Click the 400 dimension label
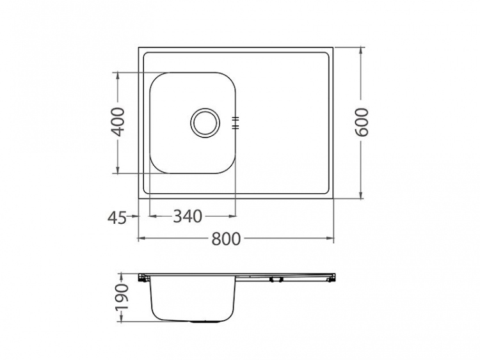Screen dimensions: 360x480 [x=118, y=121]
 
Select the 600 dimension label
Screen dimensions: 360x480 [x=362, y=121]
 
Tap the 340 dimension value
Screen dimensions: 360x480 [x=188, y=217]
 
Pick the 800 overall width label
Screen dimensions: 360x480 [x=226, y=239]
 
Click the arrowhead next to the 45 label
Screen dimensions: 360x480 [x=135, y=217]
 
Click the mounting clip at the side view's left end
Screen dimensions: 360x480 [x=143, y=278]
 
